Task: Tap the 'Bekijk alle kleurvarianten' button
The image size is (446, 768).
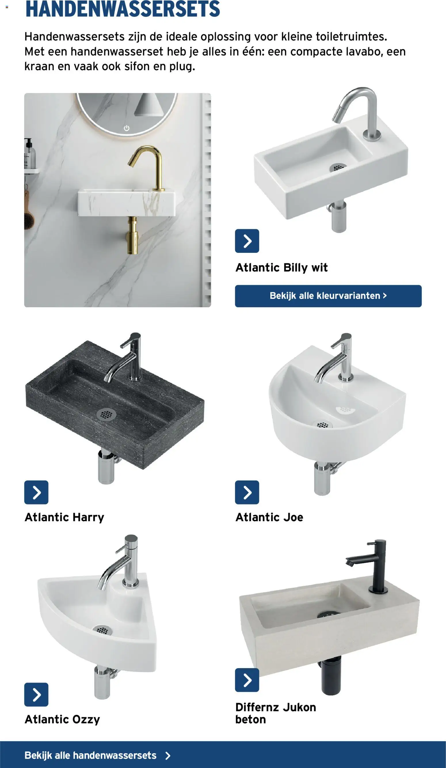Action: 328,296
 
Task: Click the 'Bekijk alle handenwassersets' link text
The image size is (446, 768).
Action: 90,755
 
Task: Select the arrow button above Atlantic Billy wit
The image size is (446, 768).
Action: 247,241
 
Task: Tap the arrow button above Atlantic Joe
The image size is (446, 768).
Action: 247,492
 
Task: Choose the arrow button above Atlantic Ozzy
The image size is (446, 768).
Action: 36,694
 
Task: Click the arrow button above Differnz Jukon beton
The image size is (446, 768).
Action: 247,680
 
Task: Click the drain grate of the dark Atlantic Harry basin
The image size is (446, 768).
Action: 106,414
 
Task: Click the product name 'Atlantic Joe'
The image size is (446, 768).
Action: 269,517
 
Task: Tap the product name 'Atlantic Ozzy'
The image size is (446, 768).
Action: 62,719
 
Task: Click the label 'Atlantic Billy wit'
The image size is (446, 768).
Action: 281,268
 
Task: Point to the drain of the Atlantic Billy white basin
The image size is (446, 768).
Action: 338,167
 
